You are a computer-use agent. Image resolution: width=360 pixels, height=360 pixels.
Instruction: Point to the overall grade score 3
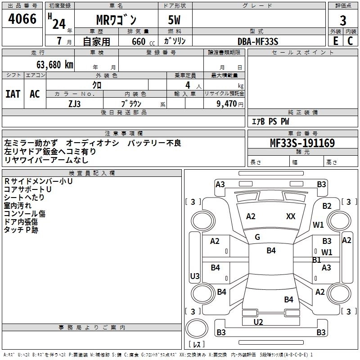click(343, 20)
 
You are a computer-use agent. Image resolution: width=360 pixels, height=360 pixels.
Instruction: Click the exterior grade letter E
click(335, 41)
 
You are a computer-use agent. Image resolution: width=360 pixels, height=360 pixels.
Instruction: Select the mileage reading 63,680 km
click(51, 64)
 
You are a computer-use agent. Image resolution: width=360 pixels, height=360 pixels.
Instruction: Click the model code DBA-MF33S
click(258, 41)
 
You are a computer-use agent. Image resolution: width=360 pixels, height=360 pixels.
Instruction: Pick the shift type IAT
click(13, 94)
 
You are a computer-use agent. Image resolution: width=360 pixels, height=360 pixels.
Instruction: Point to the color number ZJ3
click(75, 103)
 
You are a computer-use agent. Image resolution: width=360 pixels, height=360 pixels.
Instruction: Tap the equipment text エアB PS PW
click(270, 121)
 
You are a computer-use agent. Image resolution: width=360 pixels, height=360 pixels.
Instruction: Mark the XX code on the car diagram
click(291, 216)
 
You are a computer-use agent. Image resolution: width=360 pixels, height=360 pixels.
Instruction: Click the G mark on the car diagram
click(257, 237)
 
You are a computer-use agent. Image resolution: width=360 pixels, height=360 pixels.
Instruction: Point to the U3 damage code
click(195, 276)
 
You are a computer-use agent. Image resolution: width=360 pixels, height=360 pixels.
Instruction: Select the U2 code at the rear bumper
click(258, 321)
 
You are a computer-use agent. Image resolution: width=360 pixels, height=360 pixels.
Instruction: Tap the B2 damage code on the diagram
click(327, 206)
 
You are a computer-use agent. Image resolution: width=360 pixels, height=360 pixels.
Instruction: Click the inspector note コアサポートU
click(27, 189)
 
